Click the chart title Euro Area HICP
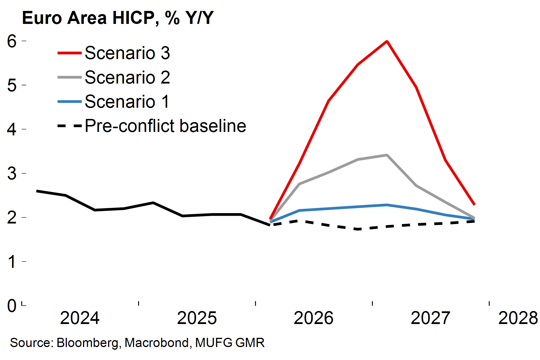tap(118, 18)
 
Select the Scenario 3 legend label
tap(127, 53)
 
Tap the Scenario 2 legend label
tap(127, 77)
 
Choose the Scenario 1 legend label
tap(127, 102)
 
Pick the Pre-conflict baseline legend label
tap(165, 126)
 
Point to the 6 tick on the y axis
tap(12, 41)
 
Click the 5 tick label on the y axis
tap(12, 85)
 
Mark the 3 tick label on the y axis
tap(12, 173)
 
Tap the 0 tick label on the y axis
tap(12, 306)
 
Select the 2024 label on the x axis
tap(80, 318)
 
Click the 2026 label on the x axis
tap(313, 318)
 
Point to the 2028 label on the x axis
tap(518, 318)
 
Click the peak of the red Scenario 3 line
tap(387, 41)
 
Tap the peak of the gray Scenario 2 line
tap(387, 155)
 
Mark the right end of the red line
tap(474, 204)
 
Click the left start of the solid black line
tap(37, 191)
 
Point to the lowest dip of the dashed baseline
tap(358, 229)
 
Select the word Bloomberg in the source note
tap(87, 343)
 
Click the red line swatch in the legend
tap(69, 53)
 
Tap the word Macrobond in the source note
tap(157, 343)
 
